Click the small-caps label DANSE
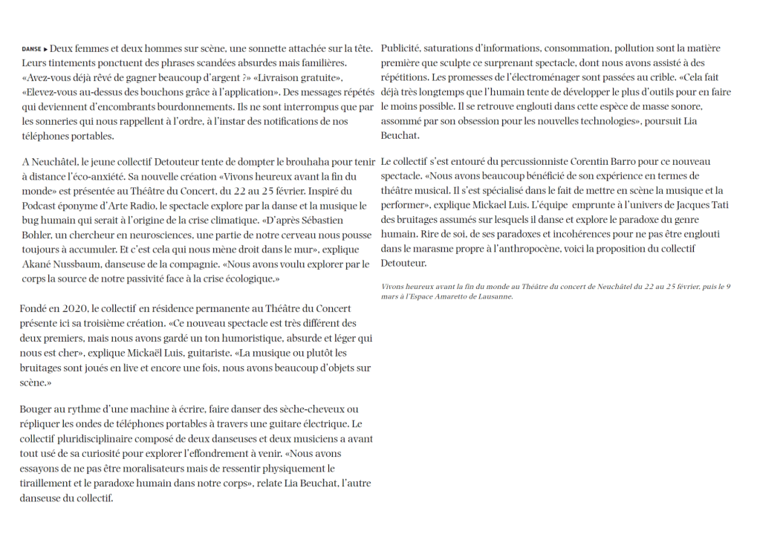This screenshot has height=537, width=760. pyautogui.click(x=32, y=49)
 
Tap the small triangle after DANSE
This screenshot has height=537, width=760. pyautogui.click(x=46, y=49)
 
